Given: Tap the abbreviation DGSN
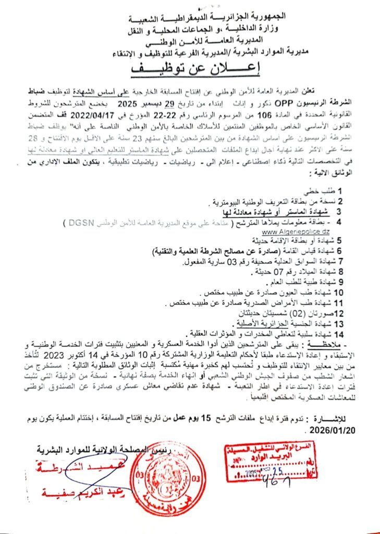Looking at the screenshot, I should pyautogui.click(x=78, y=223).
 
